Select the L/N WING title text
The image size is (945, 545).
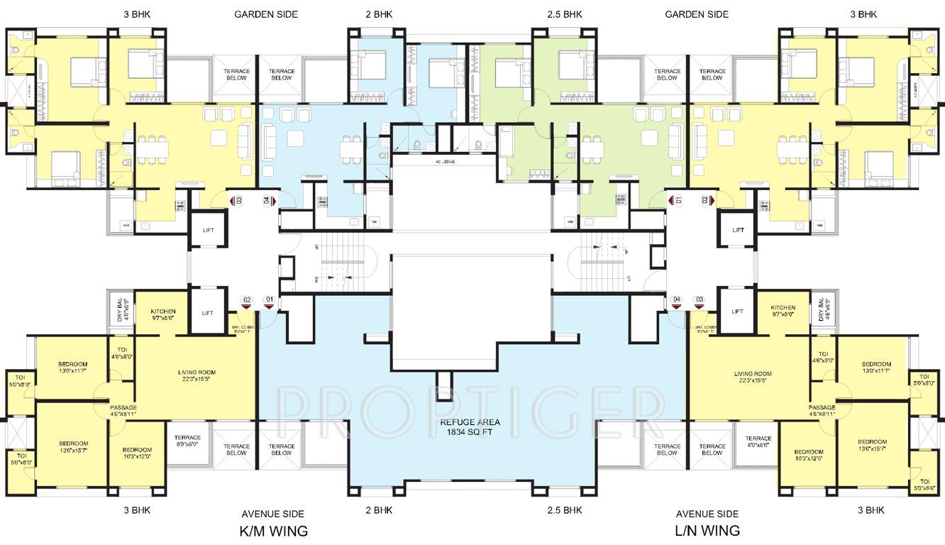(707, 531)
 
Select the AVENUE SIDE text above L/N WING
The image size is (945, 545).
(707, 514)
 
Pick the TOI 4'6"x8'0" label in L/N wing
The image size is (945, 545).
(823, 357)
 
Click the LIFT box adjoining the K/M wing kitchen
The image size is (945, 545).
(207, 313)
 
